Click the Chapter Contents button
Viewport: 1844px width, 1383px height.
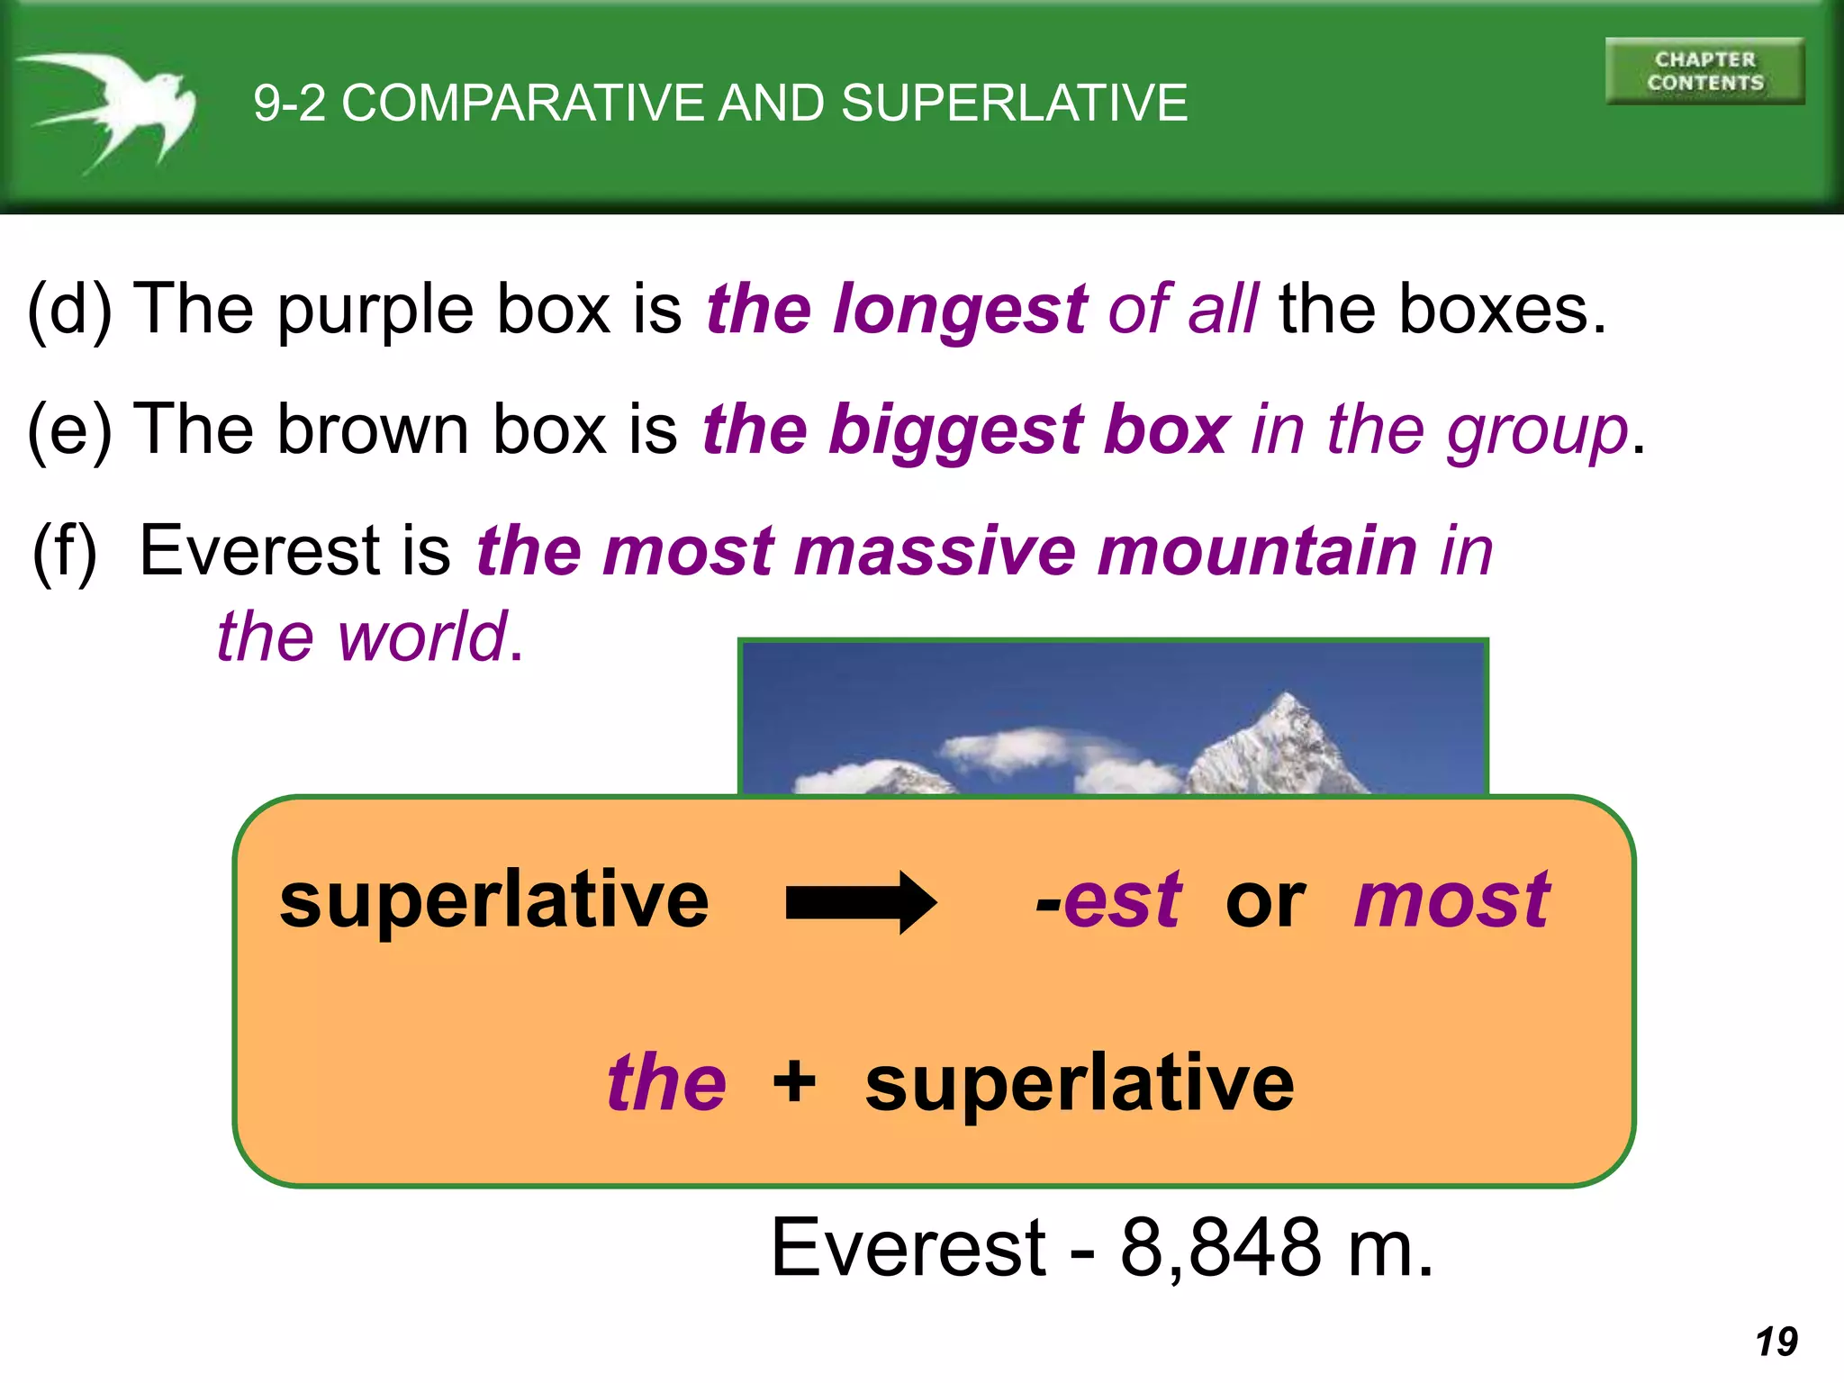(x=1704, y=71)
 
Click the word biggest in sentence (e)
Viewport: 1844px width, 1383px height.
(x=956, y=430)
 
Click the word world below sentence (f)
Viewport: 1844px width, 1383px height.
(x=422, y=637)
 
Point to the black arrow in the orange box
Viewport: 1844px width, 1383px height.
(x=861, y=902)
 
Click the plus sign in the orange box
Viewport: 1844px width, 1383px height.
(x=794, y=1080)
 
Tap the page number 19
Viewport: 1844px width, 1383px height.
(x=1776, y=1342)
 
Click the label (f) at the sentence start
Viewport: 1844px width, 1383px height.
(x=65, y=552)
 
